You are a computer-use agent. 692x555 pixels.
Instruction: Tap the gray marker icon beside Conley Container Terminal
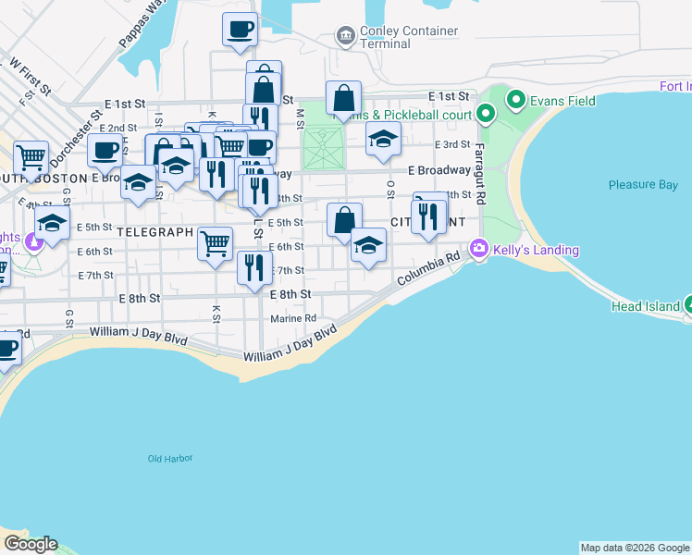click(x=346, y=36)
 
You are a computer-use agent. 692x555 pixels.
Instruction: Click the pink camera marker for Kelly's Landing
click(x=479, y=248)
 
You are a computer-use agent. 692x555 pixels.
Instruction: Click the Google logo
click(x=31, y=544)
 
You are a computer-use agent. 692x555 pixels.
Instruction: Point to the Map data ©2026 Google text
click(x=635, y=548)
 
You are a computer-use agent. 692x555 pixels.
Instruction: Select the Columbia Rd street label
click(x=428, y=270)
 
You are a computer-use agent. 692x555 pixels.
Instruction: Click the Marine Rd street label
click(x=293, y=319)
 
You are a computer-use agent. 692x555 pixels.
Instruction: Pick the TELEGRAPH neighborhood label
click(x=154, y=231)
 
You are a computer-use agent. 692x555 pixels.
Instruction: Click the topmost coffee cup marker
click(x=240, y=29)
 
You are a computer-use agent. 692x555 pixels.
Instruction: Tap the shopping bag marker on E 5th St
click(x=344, y=220)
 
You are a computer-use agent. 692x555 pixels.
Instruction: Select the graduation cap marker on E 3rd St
click(x=383, y=139)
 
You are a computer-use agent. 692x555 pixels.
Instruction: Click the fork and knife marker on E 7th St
click(x=253, y=267)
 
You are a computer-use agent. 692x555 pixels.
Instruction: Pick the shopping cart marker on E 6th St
click(x=216, y=243)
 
